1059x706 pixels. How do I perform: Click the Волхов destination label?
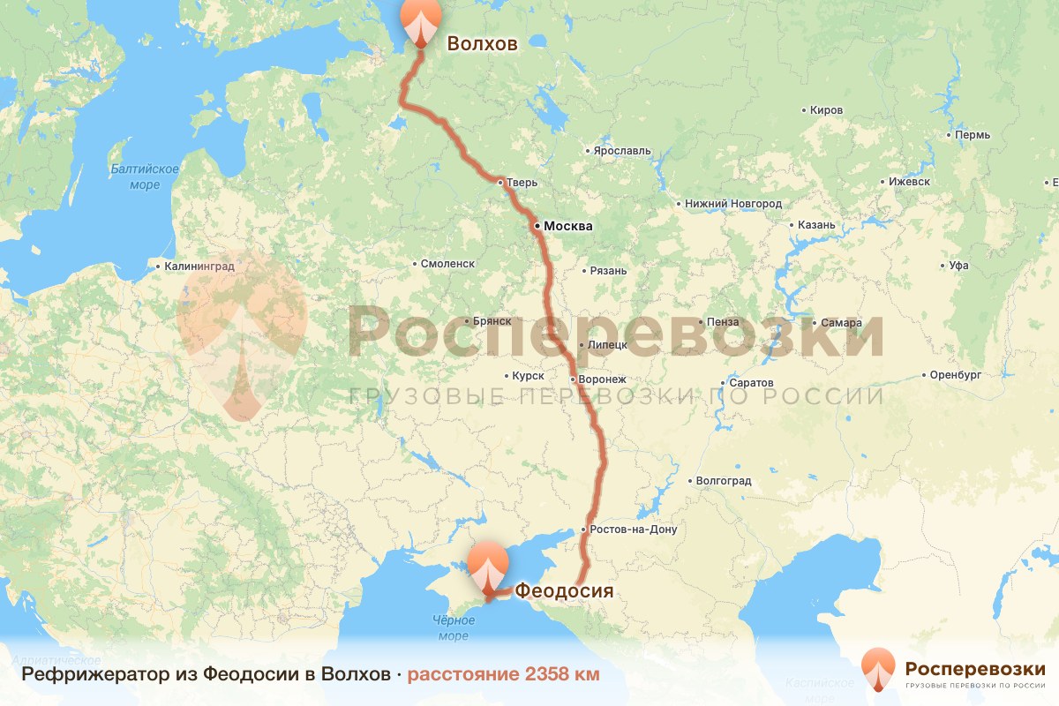pyautogui.click(x=482, y=44)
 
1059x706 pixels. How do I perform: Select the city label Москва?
pyautogui.click(x=567, y=227)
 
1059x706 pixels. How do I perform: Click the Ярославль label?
pyautogui.click(x=622, y=151)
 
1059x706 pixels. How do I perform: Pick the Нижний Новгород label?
pyautogui.click(x=733, y=204)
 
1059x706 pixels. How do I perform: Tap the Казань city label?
pyautogui.click(x=815, y=225)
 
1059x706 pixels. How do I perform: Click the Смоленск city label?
pyautogui.click(x=447, y=264)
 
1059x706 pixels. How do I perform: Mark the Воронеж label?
pyautogui.click(x=603, y=379)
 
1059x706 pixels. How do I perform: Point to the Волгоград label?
pyautogui.click(x=724, y=481)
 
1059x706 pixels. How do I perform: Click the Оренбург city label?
pyautogui.click(x=956, y=375)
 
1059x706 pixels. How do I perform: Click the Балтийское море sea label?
pyautogui.click(x=145, y=176)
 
